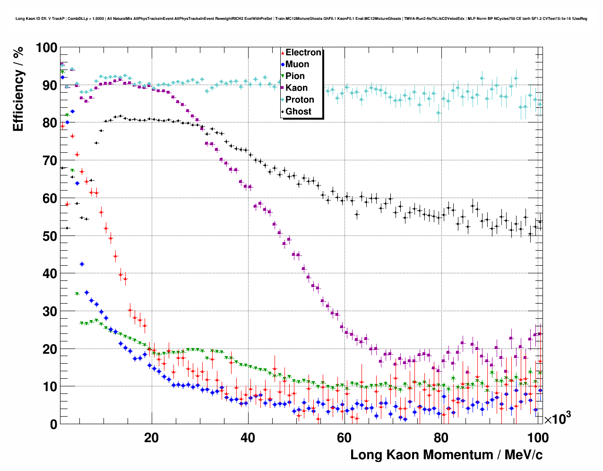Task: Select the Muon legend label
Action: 297,64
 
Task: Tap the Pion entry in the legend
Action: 295,76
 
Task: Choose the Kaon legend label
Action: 296,88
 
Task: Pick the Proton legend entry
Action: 300,100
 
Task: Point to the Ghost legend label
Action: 298,112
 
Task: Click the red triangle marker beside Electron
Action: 283,53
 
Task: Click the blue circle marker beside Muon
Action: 283,64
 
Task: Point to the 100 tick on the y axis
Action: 46,48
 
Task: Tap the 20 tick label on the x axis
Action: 151,437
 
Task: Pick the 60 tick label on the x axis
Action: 344,437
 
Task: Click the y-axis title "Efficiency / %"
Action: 18,89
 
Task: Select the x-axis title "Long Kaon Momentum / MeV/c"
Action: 446,455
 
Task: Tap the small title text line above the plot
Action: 301,18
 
